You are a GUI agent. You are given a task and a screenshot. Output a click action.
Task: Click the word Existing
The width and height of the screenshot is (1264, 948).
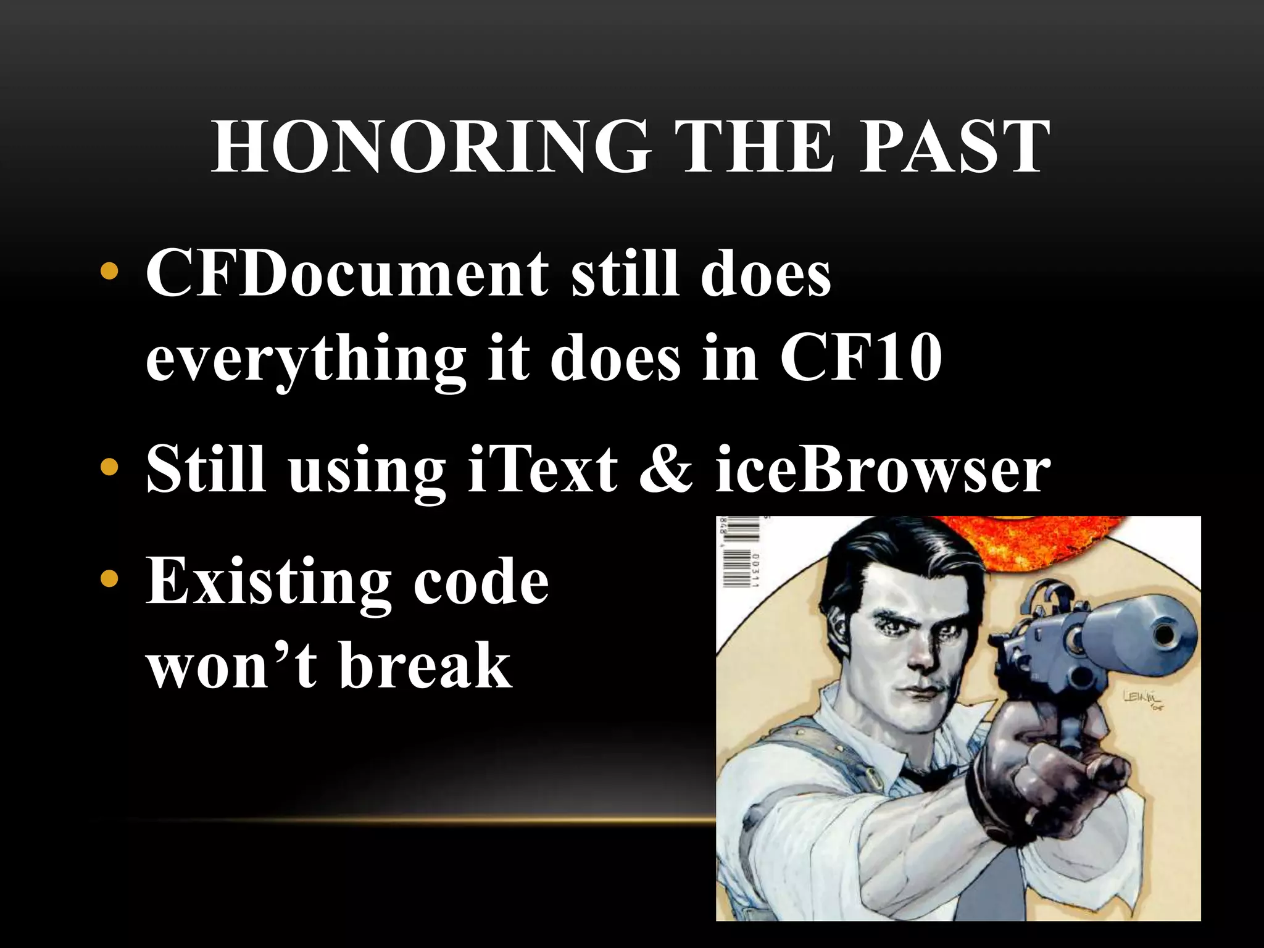coord(268,582)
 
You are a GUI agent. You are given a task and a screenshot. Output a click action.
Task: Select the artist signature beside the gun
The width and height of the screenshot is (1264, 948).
coord(1143,699)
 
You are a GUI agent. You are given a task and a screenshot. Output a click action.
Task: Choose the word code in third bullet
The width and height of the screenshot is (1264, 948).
coord(481,582)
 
